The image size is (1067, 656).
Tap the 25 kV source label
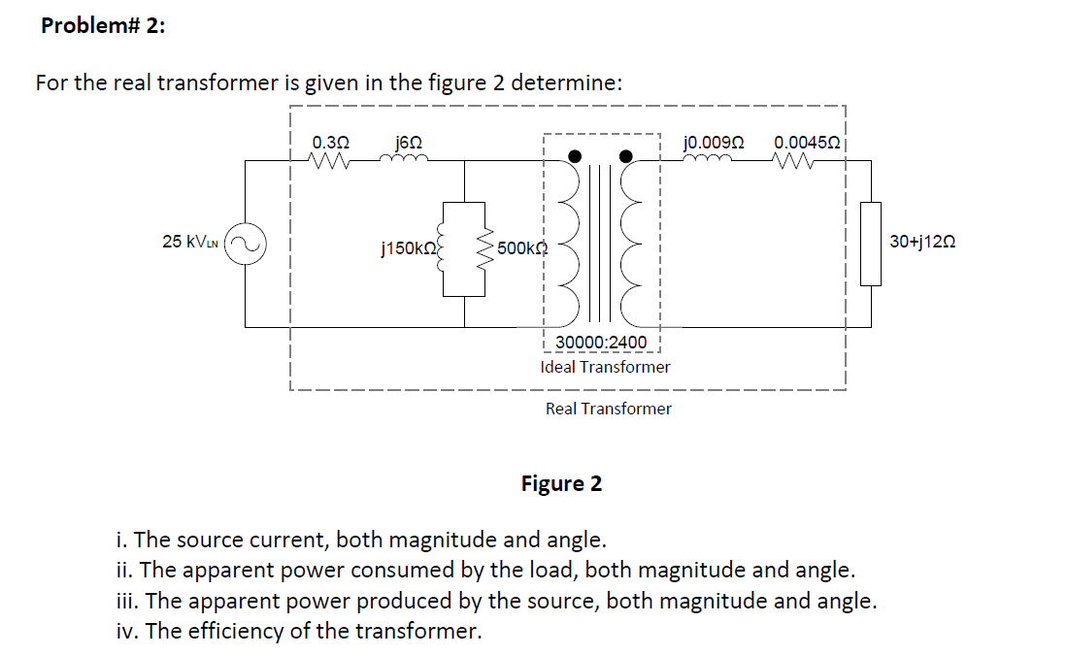click(x=191, y=242)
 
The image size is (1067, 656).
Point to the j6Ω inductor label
click(x=409, y=143)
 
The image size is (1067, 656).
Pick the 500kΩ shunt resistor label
click(x=522, y=248)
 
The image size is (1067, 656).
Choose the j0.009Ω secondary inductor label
click(x=715, y=143)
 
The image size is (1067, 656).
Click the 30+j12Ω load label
click(x=922, y=242)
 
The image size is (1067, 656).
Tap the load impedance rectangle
click(x=871, y=244)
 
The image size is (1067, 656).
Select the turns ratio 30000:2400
click(x=601, y=343)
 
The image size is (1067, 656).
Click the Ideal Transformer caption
click(x=605, y=367)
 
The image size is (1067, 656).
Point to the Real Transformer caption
click(x=608, y=409)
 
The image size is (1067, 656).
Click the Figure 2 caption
click(x=561, y=483)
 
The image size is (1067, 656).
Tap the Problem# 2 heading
click(x=103, y=26)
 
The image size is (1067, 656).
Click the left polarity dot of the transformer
click(x=576, y=155)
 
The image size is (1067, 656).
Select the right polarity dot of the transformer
click(x=627, y=155)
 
